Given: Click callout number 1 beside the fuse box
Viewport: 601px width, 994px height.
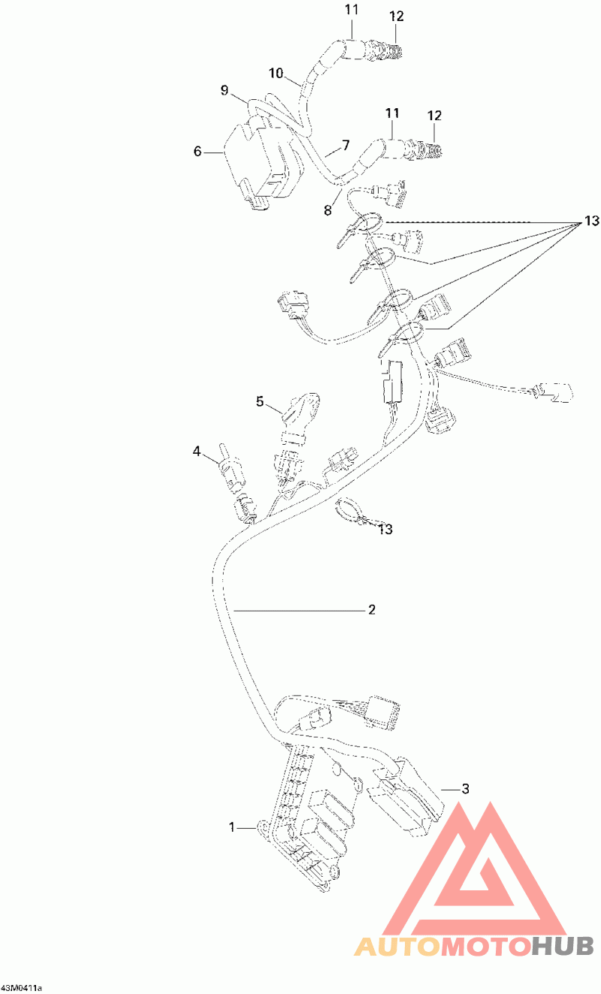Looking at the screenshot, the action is coord(231,827).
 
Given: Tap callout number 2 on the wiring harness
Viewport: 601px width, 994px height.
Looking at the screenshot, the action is coord(372,609).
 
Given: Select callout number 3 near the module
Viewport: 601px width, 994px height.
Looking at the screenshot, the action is coord(465,789).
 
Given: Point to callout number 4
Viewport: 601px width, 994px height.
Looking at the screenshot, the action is coord(197,452).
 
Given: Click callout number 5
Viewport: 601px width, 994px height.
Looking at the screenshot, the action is coord(260,401).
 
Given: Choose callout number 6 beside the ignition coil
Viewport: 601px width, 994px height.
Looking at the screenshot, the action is coord(198,151).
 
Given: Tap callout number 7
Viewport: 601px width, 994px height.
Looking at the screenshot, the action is coord(346,145).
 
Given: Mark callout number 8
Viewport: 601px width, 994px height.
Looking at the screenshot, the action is coord(328,210).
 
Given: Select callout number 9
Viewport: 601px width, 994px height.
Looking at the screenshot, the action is coord(225,90).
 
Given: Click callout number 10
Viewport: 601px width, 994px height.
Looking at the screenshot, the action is coord(276,73).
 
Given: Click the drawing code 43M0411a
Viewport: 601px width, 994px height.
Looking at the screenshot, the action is coord(21,988).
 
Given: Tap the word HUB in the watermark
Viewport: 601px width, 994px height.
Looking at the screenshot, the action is coord(563,946).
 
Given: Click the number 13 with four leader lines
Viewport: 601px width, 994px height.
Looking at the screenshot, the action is coord(592,221).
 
